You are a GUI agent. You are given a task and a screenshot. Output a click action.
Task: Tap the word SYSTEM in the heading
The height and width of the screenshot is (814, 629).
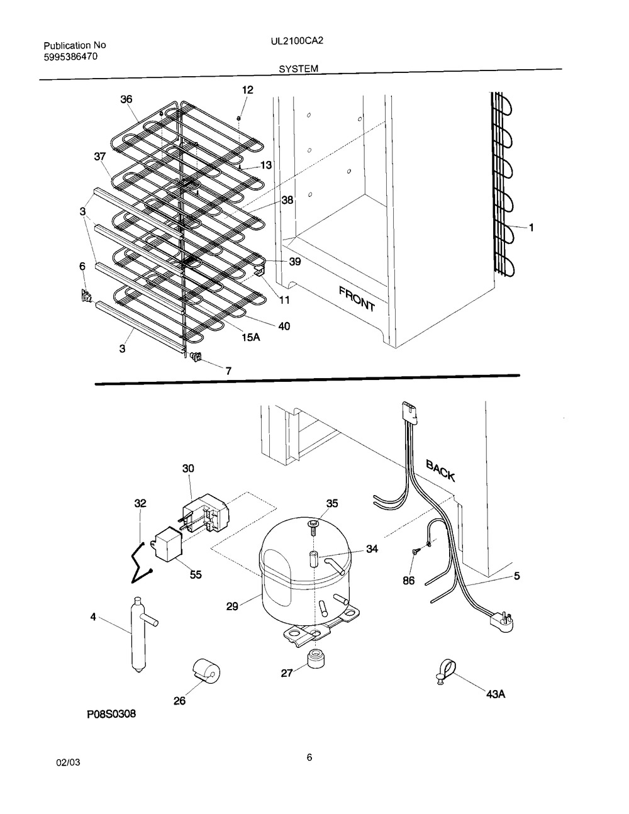pos(299,69)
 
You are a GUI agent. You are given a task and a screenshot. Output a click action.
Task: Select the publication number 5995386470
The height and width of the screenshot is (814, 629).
pos(70,57)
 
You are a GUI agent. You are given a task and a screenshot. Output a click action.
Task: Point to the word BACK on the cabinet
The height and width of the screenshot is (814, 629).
pos(440,469)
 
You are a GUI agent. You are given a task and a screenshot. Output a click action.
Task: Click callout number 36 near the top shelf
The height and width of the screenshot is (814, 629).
pos(126,99)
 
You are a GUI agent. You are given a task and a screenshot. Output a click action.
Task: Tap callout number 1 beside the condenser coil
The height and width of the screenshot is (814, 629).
pos(531,228)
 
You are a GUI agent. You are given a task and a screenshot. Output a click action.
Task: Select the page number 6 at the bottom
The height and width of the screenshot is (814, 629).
pos(309,757)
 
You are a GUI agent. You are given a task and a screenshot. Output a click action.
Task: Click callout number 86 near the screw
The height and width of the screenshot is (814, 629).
pos(409,581)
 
